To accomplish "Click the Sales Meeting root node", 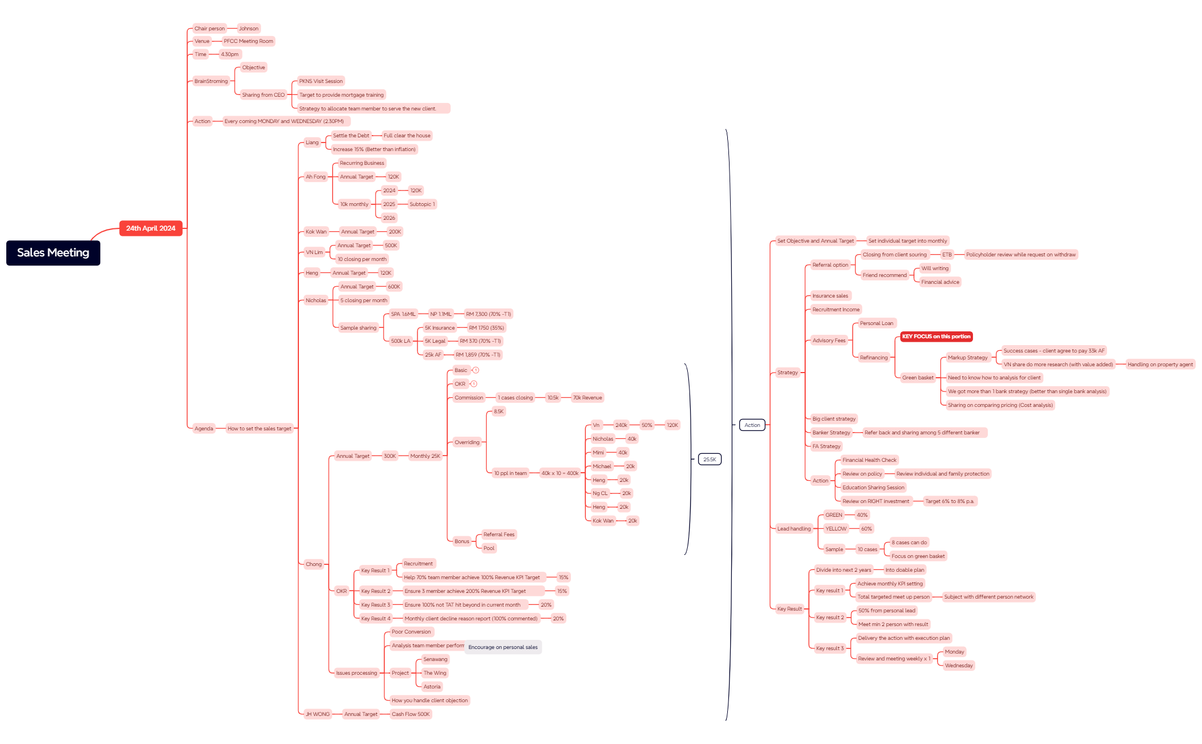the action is [x=53, y=252].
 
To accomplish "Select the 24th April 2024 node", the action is [x=151, y=228].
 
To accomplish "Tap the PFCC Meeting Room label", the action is [x=249, y=41].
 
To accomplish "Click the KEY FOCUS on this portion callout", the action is [x=936, y=337].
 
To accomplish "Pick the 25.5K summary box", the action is [x=710, y=459].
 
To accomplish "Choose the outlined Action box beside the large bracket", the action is [x=752, y=425].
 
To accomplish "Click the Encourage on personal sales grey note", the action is [x=503, y=647].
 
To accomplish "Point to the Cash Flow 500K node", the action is [x=411, y=714].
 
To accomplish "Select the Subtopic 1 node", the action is [x=422, y=204].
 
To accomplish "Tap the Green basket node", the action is [x=917, y=378].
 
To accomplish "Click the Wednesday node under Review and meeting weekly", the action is [x=959, y=666].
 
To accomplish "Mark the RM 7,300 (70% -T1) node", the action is [x=488, y=314].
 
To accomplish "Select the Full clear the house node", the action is [x=407, y=136].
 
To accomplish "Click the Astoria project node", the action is [x=432, y=687].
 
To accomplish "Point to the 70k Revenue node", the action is [x=588, y=398].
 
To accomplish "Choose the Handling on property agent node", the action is [x=1160, y=365].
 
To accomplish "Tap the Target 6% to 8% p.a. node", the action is [x=949, y=501].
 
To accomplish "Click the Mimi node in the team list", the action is [x=598, y=453].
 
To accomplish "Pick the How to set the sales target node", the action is [x=259, y=429].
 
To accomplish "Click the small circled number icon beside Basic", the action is [x=475, y=370].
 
